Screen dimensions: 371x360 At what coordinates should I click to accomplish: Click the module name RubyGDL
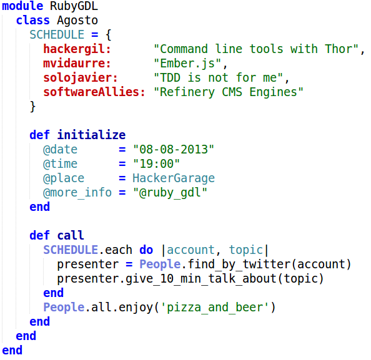[x=74, y=6]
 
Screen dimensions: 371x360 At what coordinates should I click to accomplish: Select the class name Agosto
[x=77, y=21]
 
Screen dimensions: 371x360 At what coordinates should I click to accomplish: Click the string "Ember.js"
[x=187, y=64]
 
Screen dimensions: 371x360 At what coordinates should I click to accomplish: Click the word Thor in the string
[x=339, y=49]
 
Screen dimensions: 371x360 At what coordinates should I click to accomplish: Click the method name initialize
[x=91, y=135]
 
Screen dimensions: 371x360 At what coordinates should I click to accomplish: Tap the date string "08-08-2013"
[x=174, y=149]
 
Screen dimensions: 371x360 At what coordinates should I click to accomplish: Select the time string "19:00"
[x=156, y=164]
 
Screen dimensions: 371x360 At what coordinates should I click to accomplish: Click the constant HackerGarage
[x=174, y=178]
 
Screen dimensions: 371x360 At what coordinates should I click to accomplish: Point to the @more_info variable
[x=77, y=193]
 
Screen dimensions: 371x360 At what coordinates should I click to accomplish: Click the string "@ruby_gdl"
[x=170, y=193]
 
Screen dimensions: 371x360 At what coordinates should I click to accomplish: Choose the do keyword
[x=146, y=250]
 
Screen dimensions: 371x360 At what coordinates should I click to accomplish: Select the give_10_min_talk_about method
[x=201, y=279]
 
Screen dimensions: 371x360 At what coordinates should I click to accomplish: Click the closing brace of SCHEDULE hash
[x=32, y=107]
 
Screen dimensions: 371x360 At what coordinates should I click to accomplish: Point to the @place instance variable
[x=64, y=178]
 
